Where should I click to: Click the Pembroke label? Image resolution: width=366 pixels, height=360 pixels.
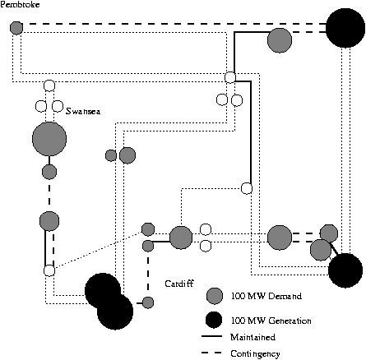pos(20,4)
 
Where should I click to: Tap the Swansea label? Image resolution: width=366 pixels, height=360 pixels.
pos(83,111)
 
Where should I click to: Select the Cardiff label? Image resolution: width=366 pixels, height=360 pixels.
pos(179,284)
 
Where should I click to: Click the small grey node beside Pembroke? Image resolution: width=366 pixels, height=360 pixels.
pos(16,28)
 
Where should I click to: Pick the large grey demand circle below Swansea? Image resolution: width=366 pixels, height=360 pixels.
pos(49,139)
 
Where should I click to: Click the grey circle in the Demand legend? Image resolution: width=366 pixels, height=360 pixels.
pos(215,296)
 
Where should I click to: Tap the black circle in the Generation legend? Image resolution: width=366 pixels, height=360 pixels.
pos(214,320)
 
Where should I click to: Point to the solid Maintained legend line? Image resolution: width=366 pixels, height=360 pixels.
pos(211,336)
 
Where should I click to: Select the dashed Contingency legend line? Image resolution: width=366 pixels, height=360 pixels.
pos(211,353)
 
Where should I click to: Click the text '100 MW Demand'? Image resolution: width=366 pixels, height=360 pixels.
pos(266,296)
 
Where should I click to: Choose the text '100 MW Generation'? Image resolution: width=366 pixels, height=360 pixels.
pos(271,321)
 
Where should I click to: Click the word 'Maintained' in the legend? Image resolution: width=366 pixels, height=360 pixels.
pos(252,337)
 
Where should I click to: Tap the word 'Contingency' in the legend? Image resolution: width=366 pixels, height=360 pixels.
pos(255,354)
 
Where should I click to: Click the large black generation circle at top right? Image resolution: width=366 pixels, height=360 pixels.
pos(345,28)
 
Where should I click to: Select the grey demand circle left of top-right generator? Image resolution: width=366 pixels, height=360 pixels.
pos(280,40)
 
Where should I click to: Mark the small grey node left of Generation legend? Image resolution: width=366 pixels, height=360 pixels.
pos(148,302)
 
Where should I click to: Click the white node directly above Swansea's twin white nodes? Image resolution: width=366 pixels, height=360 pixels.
pos(49,85)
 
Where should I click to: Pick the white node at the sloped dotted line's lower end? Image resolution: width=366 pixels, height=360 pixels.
pos(49,270)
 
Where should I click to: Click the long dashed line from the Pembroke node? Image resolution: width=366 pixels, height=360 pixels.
pos(174,24)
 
